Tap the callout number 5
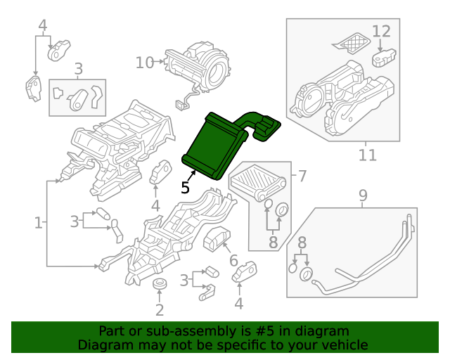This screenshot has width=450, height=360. (x=185, y=187)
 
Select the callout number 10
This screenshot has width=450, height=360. (x=144, y=63)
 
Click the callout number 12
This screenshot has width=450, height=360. (x=380, y=31)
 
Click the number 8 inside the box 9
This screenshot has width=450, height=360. (x=302, y=243)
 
